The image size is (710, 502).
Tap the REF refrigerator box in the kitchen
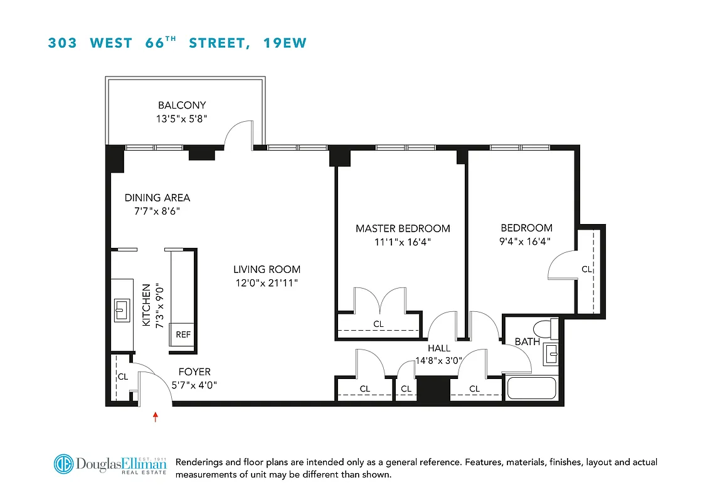click(x=183, y=334)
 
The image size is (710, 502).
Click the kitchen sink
click(x=122, y=311)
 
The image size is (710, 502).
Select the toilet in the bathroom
click(x=543, y=328)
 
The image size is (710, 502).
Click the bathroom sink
click(x=551, y=353)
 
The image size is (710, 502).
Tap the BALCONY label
click(x=182, y=105)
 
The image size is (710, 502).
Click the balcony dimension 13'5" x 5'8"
click(x=182, y=118)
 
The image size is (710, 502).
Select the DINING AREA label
click(x=157, y=198)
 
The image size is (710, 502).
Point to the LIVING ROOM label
click(x=266, y=270)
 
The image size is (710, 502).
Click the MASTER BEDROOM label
click(x=403, y=228)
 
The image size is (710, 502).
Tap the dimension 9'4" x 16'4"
click(x=526, y=241)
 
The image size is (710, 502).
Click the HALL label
click(x=439, y=348)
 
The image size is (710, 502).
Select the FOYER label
click(x=194, y=372)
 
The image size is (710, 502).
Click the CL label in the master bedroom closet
click(x=378, y=324)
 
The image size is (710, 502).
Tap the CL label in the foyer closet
click(x=123, y=377)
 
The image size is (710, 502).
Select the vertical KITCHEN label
click(x=146, y=305)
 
